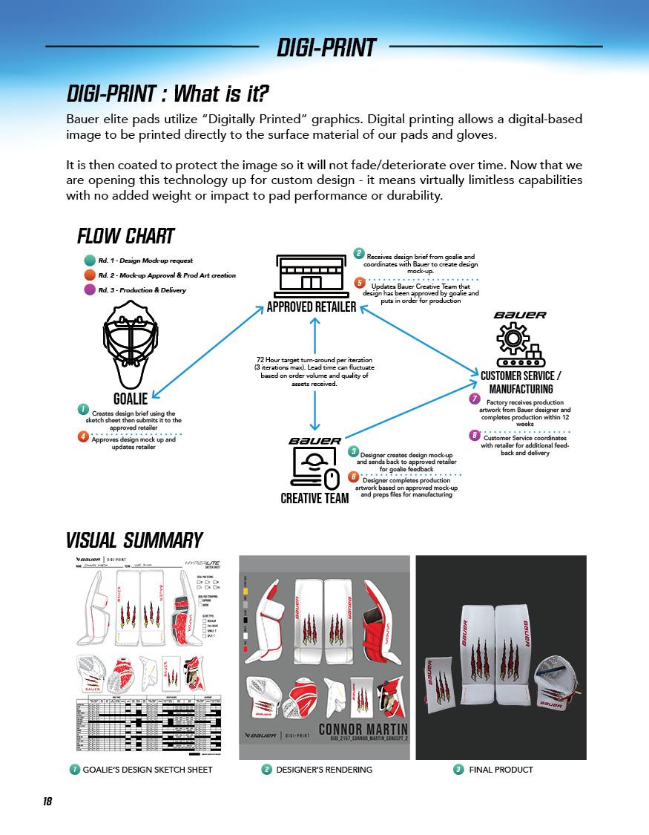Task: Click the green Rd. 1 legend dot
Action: (90, 261)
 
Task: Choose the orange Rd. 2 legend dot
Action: (90, 275)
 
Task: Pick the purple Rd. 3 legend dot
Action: (90, 290)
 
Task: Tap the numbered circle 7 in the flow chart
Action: (475, 399)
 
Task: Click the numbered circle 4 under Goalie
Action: (83, 436)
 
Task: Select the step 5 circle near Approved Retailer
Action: (359, 283)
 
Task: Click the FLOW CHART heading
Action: (125, 237)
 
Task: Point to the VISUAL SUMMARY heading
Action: (134, 539)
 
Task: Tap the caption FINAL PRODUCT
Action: (501, 770)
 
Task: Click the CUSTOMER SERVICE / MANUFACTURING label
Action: (521, 382)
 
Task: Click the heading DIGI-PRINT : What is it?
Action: (167, 94)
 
